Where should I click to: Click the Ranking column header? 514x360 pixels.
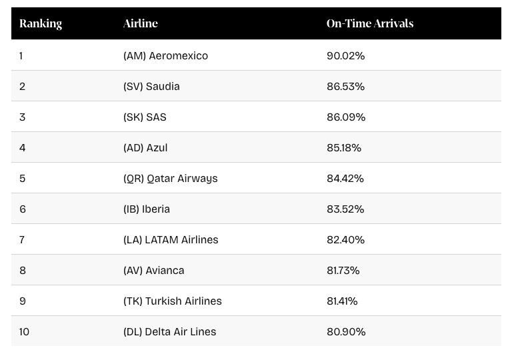41,23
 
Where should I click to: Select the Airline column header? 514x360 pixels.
141,23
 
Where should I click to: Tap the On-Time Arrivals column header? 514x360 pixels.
370,23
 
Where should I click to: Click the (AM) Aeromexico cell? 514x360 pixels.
165,56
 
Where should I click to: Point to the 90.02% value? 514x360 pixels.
345,56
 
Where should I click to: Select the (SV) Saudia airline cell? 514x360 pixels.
151,87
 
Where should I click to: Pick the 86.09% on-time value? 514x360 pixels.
346,117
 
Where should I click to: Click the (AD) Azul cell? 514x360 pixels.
145,148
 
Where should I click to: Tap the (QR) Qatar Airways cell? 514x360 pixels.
170,179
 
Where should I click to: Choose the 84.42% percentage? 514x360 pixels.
345,179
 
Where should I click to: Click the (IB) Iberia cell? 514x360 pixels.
147,209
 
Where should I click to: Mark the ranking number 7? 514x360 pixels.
22,240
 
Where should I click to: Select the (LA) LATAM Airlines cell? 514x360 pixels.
171,240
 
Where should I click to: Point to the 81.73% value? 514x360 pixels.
343,271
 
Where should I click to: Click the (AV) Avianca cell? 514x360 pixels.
153,271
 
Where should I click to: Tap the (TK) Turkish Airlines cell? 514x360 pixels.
172,301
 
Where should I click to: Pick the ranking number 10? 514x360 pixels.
25,332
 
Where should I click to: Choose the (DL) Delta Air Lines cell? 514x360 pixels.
169,332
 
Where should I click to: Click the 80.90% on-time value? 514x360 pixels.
345,332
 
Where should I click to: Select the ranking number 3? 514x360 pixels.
22,117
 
